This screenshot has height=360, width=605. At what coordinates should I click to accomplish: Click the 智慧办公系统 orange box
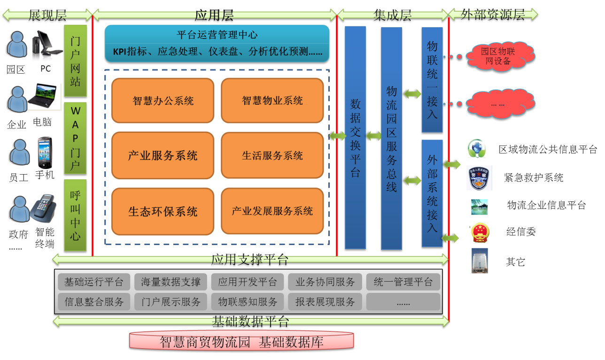click(163, 100)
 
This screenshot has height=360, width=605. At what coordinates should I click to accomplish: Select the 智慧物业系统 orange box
click(272, 100)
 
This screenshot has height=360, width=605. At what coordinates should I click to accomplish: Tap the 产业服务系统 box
click(163, 155)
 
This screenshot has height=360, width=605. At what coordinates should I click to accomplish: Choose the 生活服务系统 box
click(272, 155)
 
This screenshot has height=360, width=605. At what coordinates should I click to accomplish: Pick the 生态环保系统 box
click(163, 211)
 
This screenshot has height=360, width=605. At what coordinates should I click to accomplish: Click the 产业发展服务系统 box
click(272, 211)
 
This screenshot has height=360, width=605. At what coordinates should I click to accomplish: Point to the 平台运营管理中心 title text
click(217, 35)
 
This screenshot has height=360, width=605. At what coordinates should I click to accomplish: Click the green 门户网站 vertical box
click(75, 61)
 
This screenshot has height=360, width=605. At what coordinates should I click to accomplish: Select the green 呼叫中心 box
click(75, 215)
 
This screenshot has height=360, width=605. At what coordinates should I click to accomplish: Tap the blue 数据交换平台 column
click(355, 137)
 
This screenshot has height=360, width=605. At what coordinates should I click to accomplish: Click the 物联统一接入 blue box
click(432, 80)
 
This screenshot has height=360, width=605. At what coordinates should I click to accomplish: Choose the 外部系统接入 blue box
click(432, 193)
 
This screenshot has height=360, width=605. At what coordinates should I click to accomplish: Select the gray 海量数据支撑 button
click(170, 282)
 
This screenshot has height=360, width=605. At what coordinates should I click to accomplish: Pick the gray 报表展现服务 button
click(325, 302)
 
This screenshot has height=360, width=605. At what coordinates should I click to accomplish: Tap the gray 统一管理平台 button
click(403, 282)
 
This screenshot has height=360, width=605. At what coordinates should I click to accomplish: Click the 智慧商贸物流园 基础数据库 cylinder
click(241, 341)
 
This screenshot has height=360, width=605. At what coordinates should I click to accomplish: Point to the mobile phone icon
click(45, 152)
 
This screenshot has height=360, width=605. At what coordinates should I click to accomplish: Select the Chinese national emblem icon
click(480, 233)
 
